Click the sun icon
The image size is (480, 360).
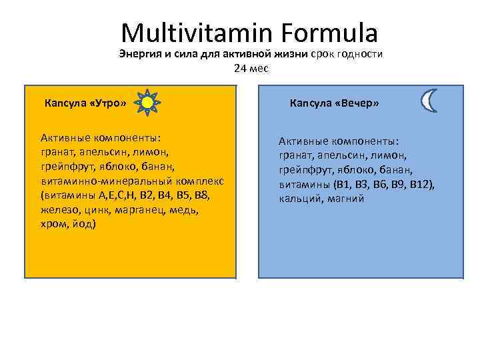click(147, 103)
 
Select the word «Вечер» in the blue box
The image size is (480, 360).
click(355, 103)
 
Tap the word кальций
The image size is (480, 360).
click(301, 199)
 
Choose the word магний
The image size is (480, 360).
click(346, 199)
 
